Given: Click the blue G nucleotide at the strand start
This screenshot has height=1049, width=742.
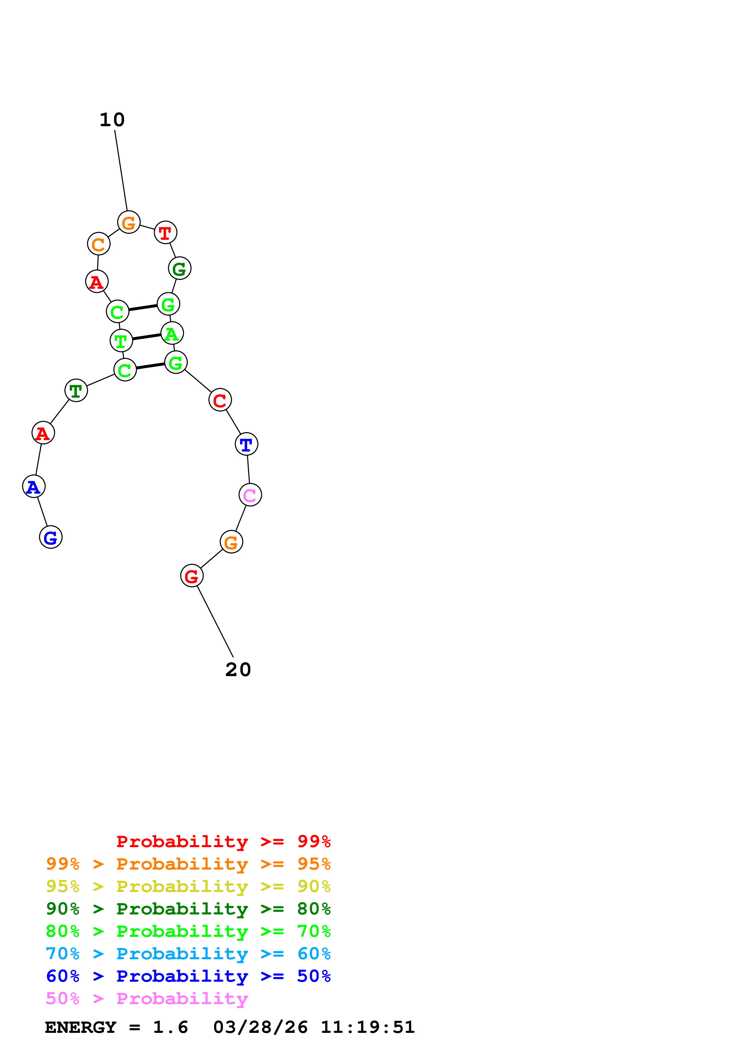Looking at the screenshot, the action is click(x=51, y=537).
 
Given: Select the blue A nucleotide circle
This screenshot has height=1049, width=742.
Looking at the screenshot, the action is click(x=34, y=487).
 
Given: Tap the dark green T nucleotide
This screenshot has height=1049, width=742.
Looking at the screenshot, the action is click(x=76, y=391).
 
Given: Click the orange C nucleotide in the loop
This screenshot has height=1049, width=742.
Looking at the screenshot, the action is click(x=99, y=244).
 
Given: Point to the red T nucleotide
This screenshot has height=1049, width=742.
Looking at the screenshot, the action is click(x=166, y=233).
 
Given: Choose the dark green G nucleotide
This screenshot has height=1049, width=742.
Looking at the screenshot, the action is click(x=180, y=268).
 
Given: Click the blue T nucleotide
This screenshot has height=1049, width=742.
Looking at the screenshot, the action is click(x=246, y=444).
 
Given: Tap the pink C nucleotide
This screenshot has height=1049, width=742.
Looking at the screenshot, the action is click(x=250, y=495).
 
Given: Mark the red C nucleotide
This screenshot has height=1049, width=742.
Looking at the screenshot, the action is click(x=220, y=400).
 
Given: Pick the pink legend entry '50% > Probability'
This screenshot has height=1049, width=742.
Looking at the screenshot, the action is click(x=147, y=999).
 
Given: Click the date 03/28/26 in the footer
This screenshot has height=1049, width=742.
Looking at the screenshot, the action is click(x=260, y=1027).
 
